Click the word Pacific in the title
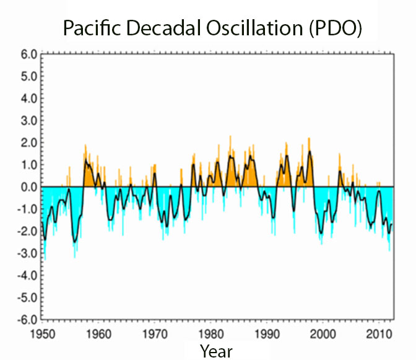(93, 29)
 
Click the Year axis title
(216, 351)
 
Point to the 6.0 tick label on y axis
(28, 54)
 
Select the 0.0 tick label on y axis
(28, 187)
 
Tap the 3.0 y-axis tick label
(28, 120)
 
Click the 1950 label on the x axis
(42, 334)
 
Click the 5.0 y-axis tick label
(28, 76)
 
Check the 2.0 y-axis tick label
(28, 143)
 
